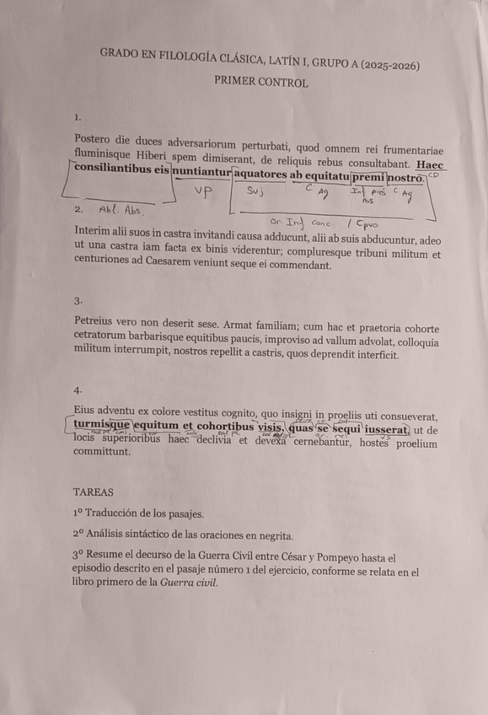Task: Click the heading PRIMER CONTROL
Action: (260, 82)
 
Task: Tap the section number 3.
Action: (78, 300)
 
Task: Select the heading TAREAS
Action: (92, 491)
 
